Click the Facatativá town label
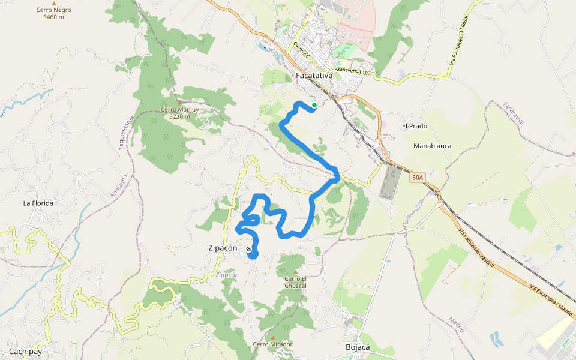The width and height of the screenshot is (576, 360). point(315,76)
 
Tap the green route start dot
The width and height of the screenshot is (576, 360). point(314,105)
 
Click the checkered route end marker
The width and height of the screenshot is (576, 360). point(248,249)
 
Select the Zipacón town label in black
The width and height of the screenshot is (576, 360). point(222,248)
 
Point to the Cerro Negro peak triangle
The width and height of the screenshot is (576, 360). point(54,4)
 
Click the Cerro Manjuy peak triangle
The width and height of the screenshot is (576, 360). point(179,103)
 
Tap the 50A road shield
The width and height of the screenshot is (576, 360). point(418,178)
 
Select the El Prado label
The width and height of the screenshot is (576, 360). point(414,127)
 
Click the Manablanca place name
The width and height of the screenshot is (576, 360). point(432,146)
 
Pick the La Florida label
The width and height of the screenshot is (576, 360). point(38,203)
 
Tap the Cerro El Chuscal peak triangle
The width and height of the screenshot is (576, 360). point(295,272)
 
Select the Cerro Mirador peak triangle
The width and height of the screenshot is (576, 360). point(273,337)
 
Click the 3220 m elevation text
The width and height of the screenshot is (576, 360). point(179,116)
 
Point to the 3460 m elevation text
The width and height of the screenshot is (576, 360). point(53,17)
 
